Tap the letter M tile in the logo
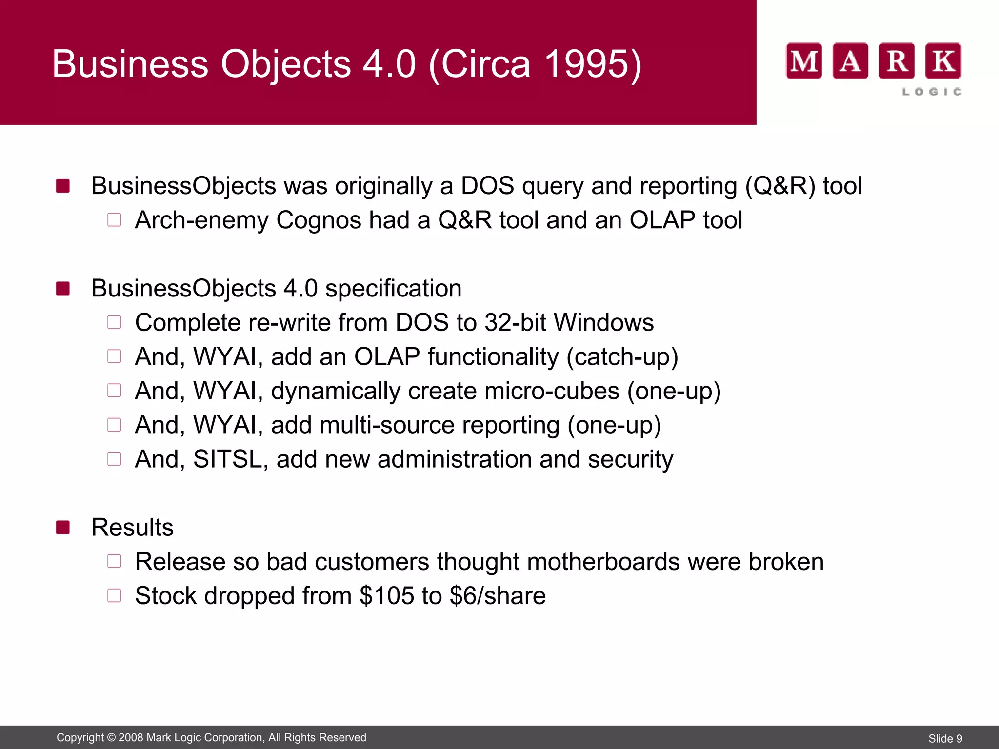(803, 61)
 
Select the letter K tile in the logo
(943, 61)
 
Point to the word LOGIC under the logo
(932, 92)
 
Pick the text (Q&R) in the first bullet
(779, 186)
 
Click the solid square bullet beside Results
(63, 527)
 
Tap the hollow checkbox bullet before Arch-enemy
(114, 220)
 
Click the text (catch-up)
(622, 357)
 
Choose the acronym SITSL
(227, 459)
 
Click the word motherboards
(603, 562)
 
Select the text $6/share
(497, 596)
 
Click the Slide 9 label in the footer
(945, 739)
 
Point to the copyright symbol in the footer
(111, 738)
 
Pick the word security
(630, 459)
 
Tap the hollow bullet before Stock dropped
(114, 595)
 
